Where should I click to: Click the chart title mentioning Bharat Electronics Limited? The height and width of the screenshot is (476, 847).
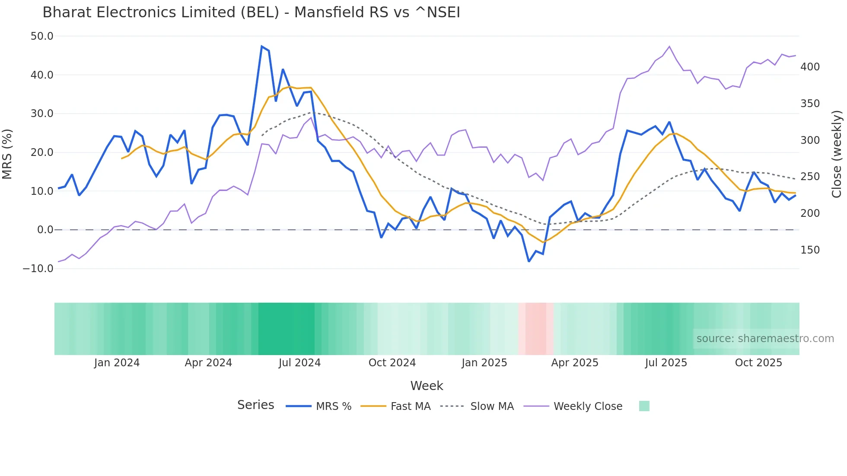(251, 13)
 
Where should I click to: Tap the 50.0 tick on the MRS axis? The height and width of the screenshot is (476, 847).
(42, 36)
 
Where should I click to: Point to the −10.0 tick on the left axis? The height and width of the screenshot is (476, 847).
(38, 269)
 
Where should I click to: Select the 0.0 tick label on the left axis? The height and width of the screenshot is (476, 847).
(45, 230)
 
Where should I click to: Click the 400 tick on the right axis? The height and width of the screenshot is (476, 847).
(810, 67)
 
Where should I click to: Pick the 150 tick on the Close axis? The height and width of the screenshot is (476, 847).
(810, 250)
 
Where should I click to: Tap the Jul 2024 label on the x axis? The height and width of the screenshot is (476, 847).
(299, 363)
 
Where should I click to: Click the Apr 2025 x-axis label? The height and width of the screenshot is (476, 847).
(574, 363)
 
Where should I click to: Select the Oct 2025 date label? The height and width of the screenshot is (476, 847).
(758, 363)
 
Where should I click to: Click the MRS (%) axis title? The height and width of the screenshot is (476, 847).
(7, 154)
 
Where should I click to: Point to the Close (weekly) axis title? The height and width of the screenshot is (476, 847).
(837, 154)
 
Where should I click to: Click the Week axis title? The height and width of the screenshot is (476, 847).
(427, 386)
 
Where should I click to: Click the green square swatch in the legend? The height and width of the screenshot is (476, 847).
(644, 406)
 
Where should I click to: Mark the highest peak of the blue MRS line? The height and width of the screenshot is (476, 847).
(262, 46)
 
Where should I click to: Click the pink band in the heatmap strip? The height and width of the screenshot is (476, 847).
(536, 329)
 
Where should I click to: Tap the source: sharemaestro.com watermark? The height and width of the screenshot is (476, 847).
(765, 339)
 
